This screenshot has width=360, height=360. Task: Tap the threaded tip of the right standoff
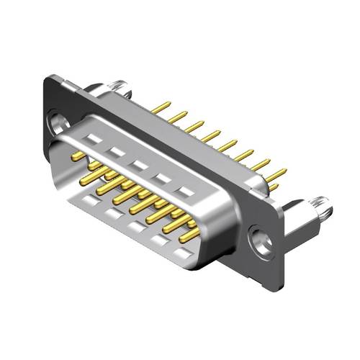pyautogui.click(x=326, y=211)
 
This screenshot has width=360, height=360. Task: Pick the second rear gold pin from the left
pyautogui.click(x=178, y=117)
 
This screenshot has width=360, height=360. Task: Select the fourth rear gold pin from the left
pyautogui.click(x=211, y=135)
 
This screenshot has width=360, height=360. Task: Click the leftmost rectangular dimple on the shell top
pyautogui.click(x=92, y=138)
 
